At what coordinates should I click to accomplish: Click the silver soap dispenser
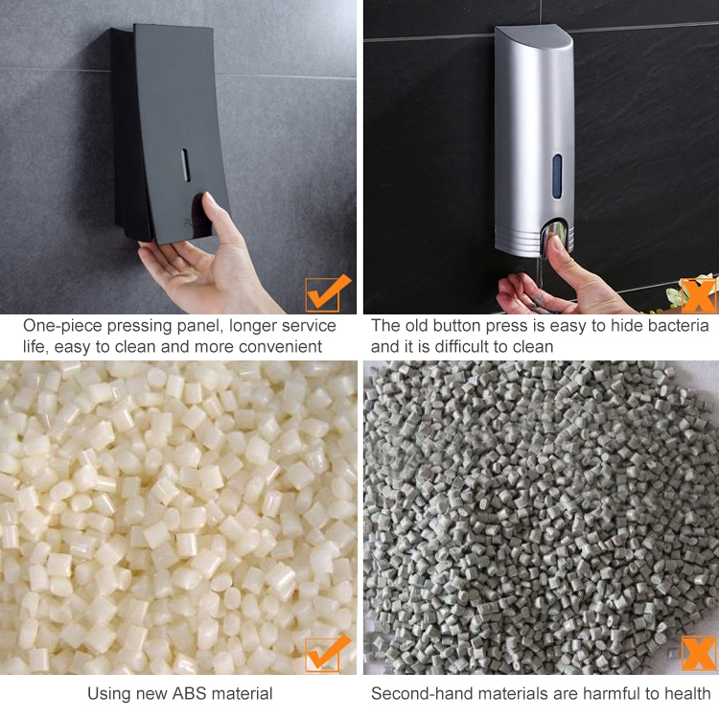[x=534, y=134]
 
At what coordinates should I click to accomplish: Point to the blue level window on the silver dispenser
[x=557, y=177]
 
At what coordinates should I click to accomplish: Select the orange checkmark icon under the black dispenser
[x=327, y=291]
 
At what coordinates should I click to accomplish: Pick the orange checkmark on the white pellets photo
[x=327, y=653]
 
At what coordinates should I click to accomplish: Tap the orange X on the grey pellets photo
[x=699, y=653]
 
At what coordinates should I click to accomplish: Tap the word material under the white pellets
[x=239, y=693]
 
